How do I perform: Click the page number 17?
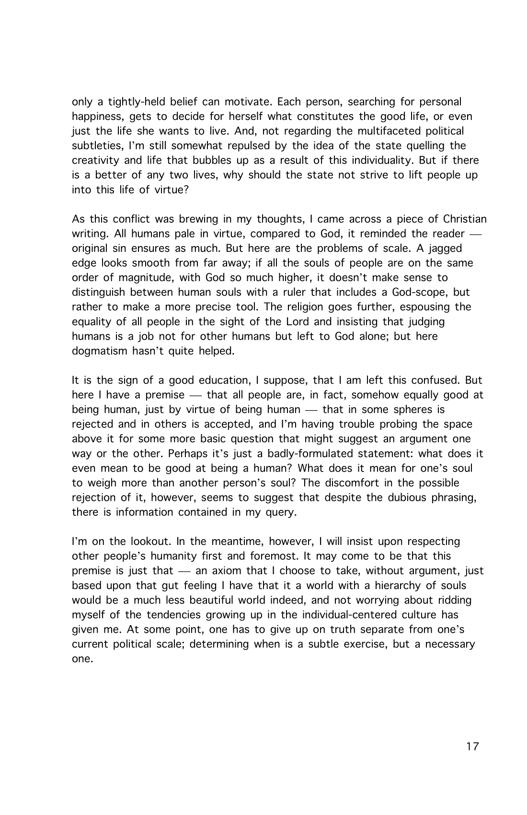472,746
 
